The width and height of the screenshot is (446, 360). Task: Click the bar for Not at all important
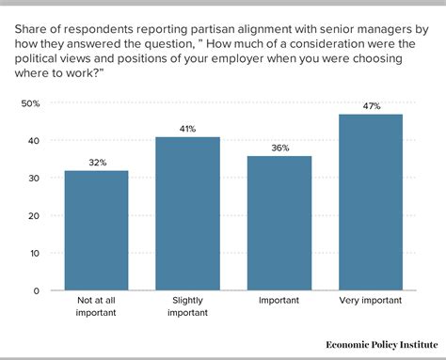pos(97,230)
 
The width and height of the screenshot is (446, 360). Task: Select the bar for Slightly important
pos(187,213)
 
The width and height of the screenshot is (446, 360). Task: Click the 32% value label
pos(97,163)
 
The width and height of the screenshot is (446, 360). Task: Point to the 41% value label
pos(187,129)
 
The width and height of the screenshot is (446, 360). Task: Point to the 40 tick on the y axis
pos(33,140)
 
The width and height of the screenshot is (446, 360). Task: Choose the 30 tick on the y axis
pos(33,178)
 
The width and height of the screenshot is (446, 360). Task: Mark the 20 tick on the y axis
pos(33,215)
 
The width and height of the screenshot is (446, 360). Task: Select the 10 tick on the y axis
pos(33,253)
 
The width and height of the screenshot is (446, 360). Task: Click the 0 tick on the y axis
pos(36,290)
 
